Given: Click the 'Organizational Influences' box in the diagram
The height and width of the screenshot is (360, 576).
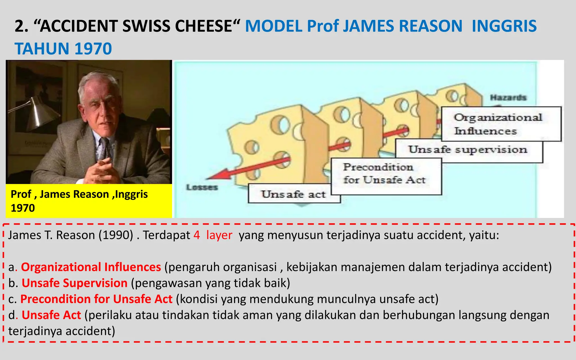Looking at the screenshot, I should [x=501, y=124].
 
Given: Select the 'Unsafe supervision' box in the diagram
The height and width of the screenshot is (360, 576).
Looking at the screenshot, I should [x=468, y=150].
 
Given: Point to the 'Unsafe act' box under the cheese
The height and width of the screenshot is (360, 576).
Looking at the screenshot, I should [x=293, y=194].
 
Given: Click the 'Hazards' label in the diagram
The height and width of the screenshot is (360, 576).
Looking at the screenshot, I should [x=508, y=98].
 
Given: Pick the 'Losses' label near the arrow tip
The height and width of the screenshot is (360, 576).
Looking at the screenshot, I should [x=202, y=187].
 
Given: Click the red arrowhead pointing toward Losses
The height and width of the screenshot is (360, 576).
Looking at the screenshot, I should [x=218, y=175].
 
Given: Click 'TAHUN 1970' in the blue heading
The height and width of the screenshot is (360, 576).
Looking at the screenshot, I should [x=63, y=49].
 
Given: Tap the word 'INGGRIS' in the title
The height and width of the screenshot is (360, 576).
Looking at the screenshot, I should [x=504, y=26].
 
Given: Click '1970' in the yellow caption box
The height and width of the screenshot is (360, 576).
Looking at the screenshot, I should [x=23, y=208].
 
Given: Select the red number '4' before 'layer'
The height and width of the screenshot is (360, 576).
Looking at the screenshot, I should [x=197, y=235].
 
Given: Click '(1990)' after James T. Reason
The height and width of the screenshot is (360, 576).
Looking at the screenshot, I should [x=116, y=235].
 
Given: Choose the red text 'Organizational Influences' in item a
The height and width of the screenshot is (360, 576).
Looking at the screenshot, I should [x=91, y=267].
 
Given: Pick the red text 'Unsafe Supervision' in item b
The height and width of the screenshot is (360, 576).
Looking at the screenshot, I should [x=75, y=283].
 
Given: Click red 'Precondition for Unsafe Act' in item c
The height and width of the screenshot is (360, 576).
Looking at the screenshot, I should [x=96, y=299].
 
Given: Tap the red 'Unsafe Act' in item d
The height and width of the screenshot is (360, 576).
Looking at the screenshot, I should [x=51, y=315].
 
